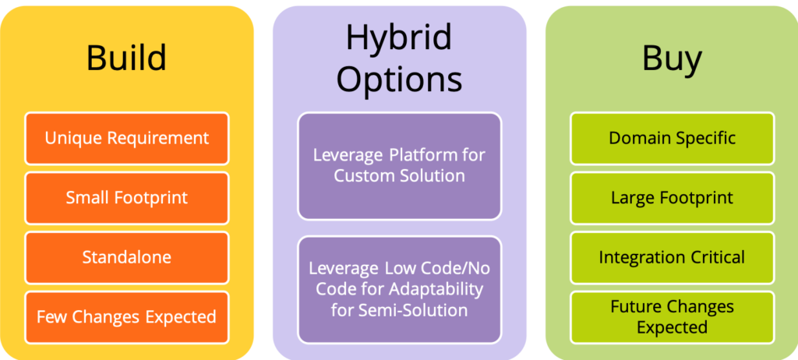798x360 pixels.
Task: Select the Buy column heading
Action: point(672,58)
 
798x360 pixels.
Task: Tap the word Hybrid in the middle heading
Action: point(399,39)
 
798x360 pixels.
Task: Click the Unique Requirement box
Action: point(127,139)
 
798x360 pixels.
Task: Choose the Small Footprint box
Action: point(127,198)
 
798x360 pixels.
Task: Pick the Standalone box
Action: point(127,258)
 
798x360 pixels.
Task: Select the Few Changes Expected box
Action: point(127,317)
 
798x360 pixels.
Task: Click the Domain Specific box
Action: point(673,139)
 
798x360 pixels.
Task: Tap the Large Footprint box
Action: point(673,198)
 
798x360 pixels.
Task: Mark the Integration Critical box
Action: point(673,258)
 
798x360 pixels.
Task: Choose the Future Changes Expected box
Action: point(673,317)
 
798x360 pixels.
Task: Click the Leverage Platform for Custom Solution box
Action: point(400,166)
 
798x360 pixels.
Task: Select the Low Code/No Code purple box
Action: point(400,290)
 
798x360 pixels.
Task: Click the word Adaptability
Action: point(435,289)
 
